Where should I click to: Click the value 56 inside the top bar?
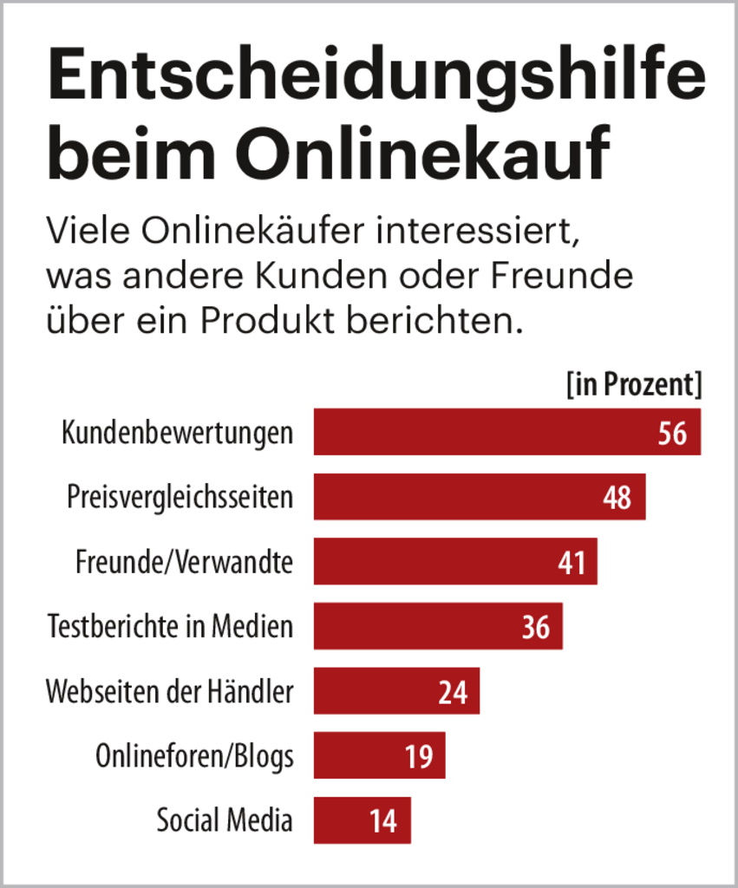672,433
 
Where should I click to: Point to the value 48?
617,498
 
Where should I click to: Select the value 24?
453,692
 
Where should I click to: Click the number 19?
418,756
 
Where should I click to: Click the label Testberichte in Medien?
170,626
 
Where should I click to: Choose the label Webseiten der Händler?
170,691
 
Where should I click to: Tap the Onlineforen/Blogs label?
194,756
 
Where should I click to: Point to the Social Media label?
225,820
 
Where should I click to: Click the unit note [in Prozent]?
633,385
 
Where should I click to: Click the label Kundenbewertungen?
177,433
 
